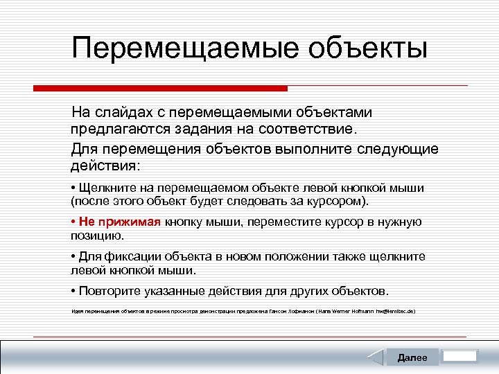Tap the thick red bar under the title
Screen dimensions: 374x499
[160, 88]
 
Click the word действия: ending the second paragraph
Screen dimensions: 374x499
[105, 166]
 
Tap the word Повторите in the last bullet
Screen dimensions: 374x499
[110, 291]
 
